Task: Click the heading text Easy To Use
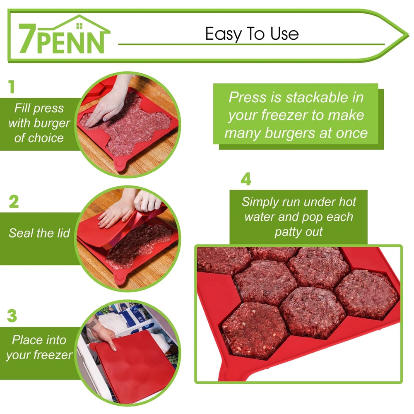point(252,34)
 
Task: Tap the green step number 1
point(11,87)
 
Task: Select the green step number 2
point(14,202)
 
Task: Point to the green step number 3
point(12,315)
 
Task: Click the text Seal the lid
point(39,233)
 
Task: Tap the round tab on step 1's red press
point(120,166)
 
